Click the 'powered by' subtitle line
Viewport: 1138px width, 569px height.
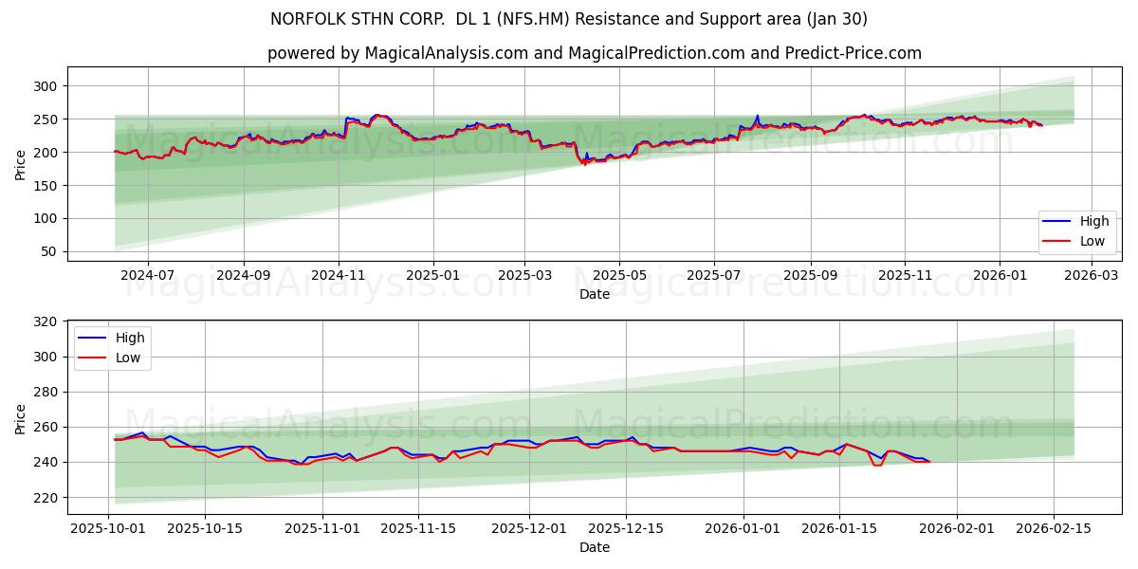tap(595, 53)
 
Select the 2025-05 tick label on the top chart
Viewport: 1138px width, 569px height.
tap(619, 276)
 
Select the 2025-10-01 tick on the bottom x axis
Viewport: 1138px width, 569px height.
tap(107, 528)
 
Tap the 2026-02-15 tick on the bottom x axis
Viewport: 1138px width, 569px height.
tap(1055, 528)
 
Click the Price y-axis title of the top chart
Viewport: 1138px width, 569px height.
tap(21, 163)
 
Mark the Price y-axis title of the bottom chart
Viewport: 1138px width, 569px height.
tap(21, 417)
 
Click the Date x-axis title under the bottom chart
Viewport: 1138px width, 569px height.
tap(595, 547)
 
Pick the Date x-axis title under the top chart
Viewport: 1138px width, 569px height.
tap(595, 294)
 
